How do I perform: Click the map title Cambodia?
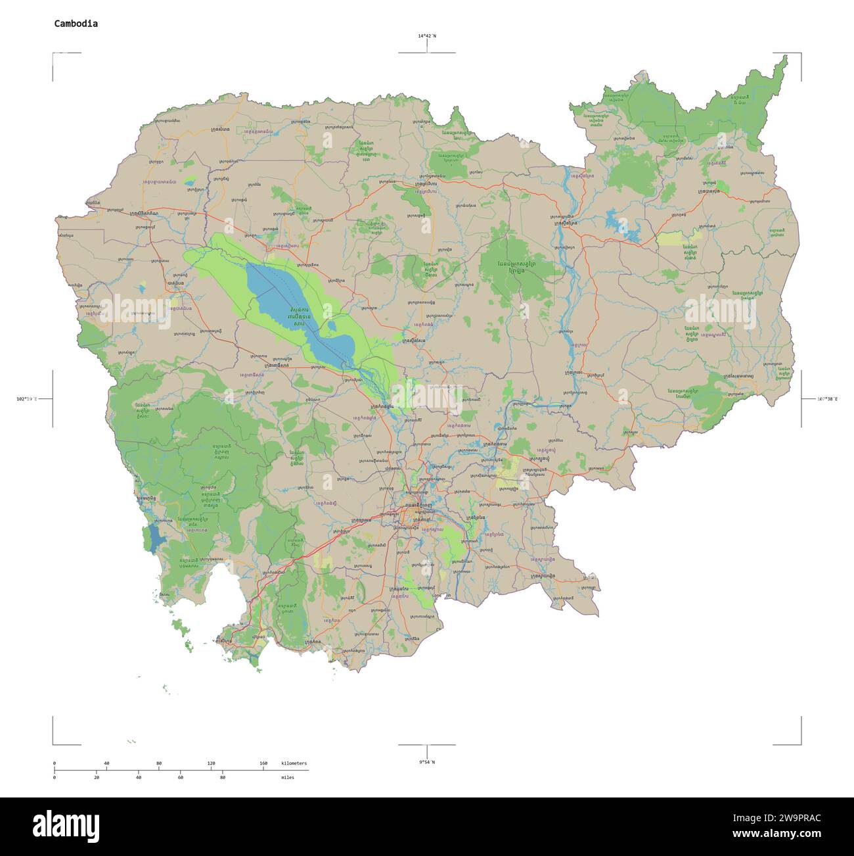tap(76, 24)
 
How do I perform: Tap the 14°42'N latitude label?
tap(426, 36)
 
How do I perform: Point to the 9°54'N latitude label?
tap(426, 762)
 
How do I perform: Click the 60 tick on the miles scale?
tap(180, 778)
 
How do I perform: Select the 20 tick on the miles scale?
tap(97, 778)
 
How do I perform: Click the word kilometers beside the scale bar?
tap(294, 764)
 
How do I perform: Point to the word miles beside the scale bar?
tap(288, 778)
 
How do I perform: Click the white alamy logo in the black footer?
tap(66, 826)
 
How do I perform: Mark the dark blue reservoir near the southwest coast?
tap(154, 538)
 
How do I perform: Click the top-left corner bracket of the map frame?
tap(54, 54)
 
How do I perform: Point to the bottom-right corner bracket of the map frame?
tap(799, 743)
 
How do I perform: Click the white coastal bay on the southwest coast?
tap(220, 592)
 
